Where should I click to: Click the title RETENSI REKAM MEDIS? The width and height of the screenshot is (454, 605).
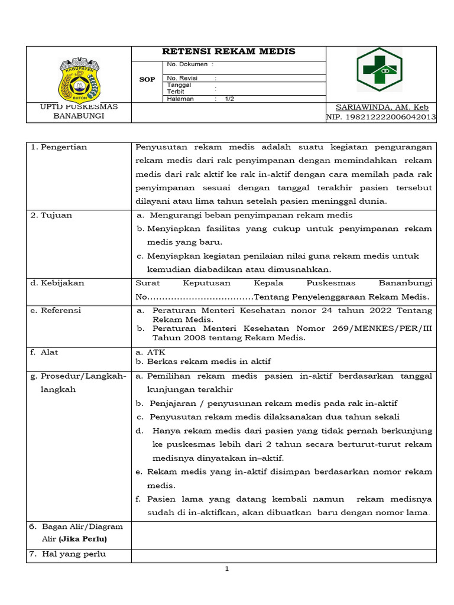229,52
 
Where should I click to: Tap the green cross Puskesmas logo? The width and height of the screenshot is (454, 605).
379,70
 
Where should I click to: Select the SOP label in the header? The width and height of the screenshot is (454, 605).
147,80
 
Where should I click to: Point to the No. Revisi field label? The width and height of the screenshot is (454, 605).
183,78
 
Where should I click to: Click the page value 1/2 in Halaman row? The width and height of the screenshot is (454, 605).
229,99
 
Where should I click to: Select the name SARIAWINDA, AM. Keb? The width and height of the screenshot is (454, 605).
382,107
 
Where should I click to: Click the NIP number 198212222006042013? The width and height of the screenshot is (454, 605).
381,117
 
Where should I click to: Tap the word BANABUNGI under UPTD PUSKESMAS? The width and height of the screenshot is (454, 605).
79,116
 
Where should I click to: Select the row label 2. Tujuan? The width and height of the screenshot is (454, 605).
51,215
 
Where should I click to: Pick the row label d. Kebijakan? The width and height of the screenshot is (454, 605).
57,283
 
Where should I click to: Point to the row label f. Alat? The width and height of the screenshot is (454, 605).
44,352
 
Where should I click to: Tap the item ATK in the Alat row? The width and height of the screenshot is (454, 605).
156,352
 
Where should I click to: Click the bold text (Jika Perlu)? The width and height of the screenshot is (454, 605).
83,539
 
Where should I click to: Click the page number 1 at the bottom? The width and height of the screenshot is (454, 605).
226,569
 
